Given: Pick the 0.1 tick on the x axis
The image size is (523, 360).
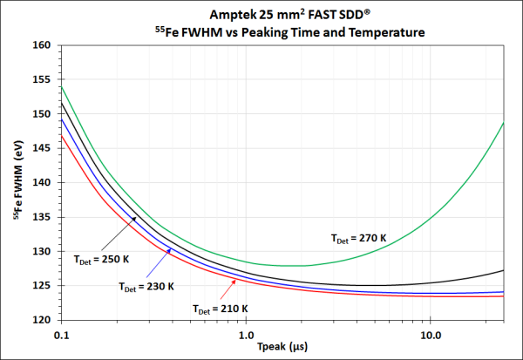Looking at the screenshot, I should (x=60, y=332).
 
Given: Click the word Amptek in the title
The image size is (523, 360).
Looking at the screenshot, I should (x=234, y=15).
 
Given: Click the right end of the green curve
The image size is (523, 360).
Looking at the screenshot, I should (x=505, y=123).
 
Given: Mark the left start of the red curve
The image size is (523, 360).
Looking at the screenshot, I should (x=61, y=134).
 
